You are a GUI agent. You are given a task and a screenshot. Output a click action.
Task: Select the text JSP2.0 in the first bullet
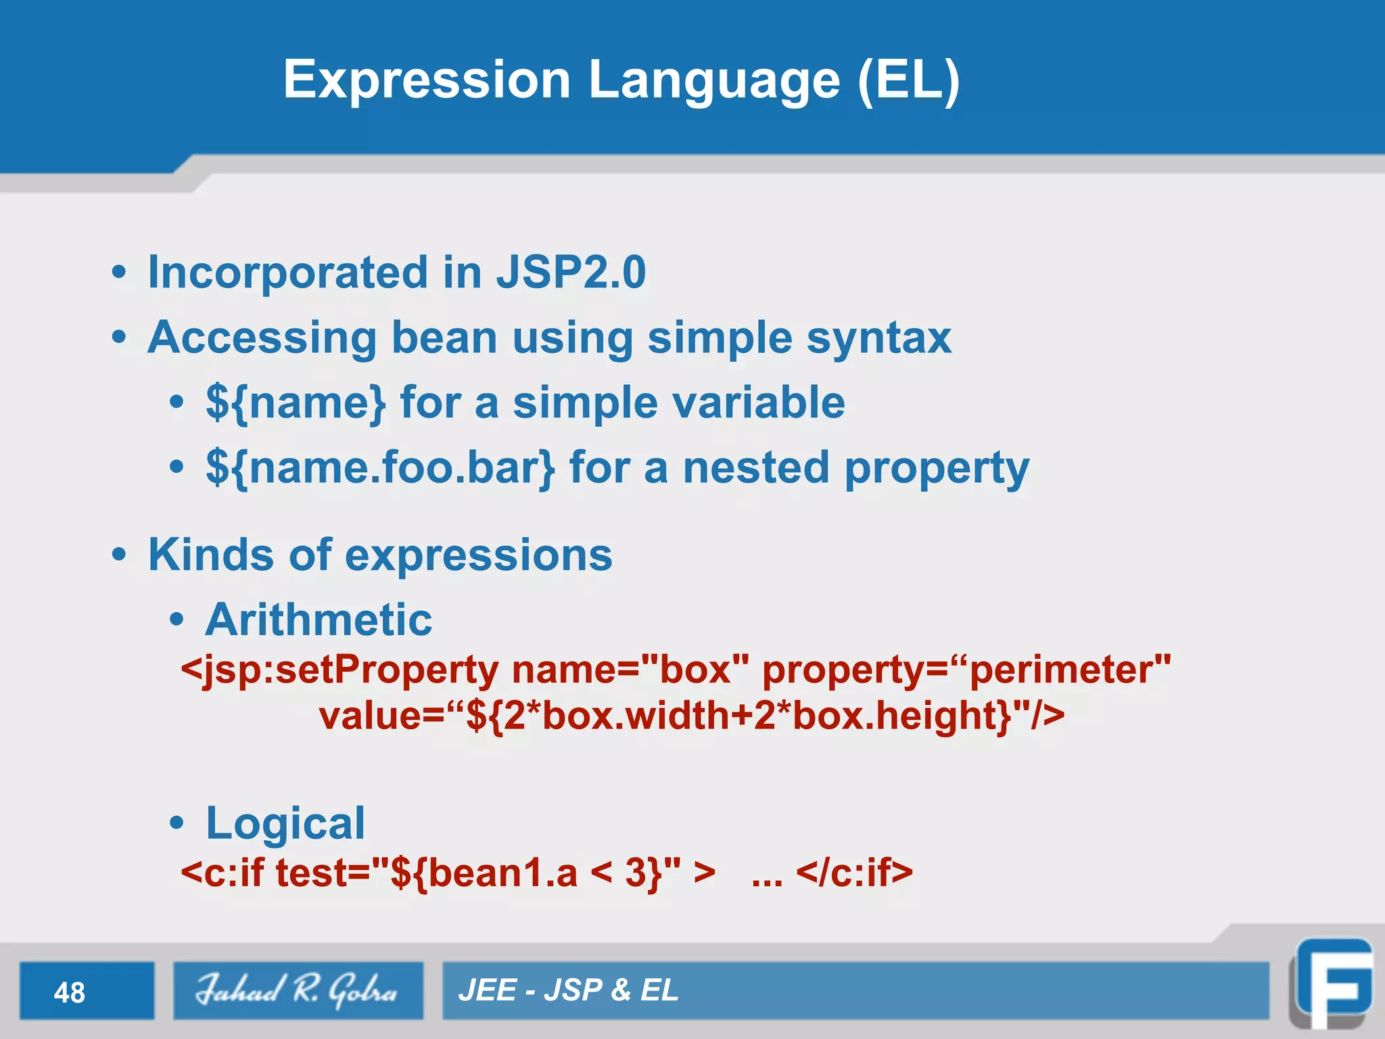[x=571, y=273]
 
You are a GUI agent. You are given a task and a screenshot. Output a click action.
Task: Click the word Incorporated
[x=288, y=273]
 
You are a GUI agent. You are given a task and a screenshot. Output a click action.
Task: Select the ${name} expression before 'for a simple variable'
[x=296, y=403]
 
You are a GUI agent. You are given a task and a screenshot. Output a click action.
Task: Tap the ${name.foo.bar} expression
[x=380, y=468]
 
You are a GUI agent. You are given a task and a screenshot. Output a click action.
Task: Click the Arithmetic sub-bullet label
[x=319, y=620]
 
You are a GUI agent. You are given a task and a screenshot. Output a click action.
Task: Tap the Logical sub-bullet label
[x=285, y=823]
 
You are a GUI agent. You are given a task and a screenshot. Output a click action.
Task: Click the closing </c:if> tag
[x=854, y=873]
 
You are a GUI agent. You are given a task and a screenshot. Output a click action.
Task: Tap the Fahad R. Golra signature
[x=297, y=990]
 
